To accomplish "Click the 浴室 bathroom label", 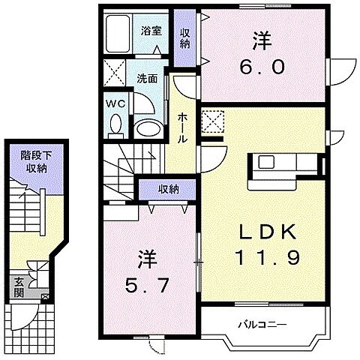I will tap(152, 31).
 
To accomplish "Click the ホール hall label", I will tap(183, 128).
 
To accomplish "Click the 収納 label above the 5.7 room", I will tap(167, 190).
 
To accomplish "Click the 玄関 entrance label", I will tap(17, 287).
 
